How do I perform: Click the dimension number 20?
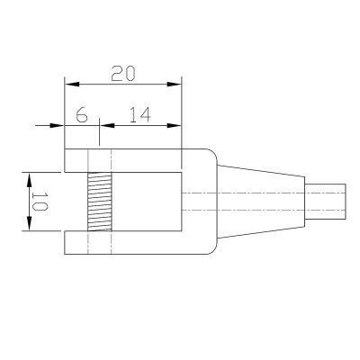point(123,74)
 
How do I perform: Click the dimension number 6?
point(82,115)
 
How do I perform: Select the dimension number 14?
point(139,115)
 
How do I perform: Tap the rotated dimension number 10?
point(40,202)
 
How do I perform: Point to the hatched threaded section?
point(100,202)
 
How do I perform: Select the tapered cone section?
point(260,202)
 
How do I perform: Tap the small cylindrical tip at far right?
point(325,202)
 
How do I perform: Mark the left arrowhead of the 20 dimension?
point(72,85)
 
